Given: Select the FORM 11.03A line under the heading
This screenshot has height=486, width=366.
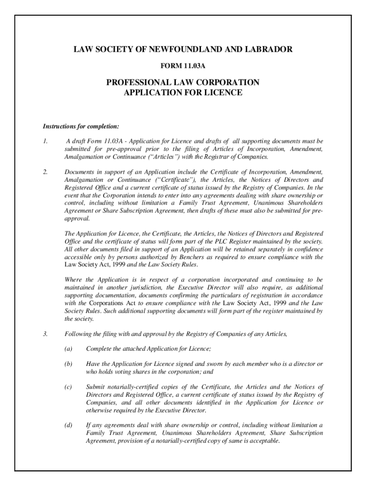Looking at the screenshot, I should click(183, 61).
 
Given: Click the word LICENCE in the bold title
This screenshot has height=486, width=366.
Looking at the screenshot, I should click(223, 93).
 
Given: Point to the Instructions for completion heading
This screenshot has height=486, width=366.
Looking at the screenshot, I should click(74, 127).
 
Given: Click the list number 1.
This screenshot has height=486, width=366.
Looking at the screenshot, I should click(45, 141).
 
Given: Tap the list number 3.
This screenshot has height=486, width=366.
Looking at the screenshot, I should click(45, 334).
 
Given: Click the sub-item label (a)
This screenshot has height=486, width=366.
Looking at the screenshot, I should click(68, 349).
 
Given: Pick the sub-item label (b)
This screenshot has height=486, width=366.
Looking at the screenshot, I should click(68, 364).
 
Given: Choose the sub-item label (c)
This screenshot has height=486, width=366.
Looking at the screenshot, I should click(68, 386).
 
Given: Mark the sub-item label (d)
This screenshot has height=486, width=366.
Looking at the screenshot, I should click(68, 424).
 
